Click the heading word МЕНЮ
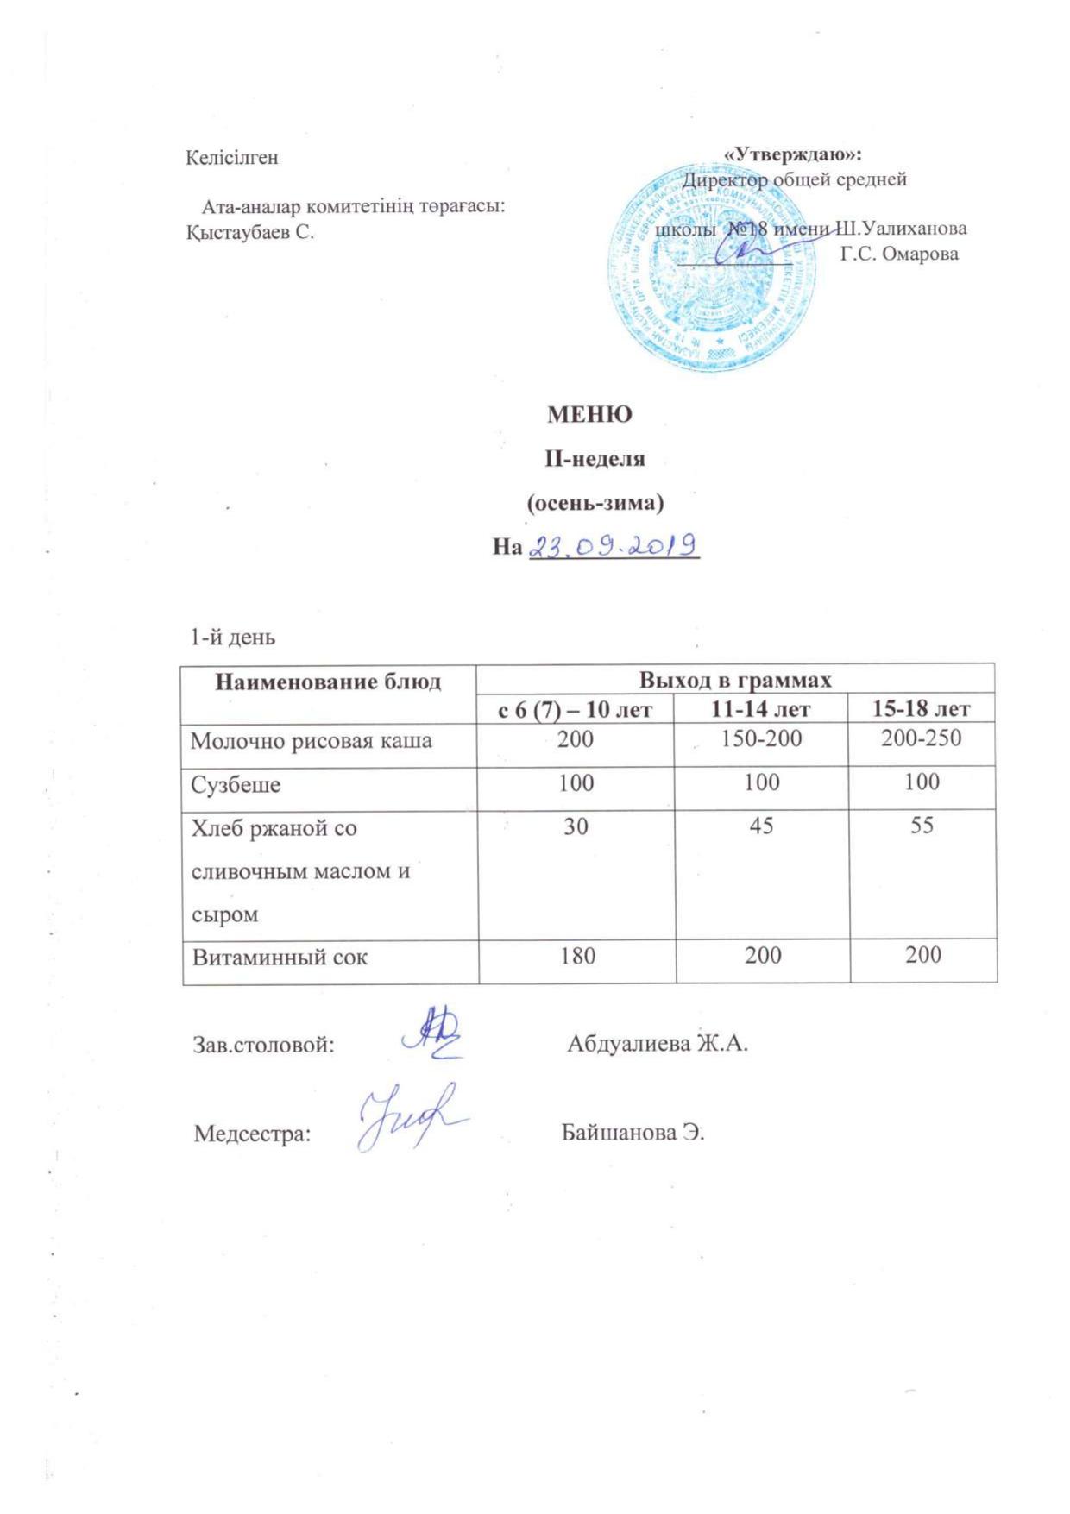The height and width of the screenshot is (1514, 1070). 590,415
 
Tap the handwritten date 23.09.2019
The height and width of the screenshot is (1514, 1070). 612,545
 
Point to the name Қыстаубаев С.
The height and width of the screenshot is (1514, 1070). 250,232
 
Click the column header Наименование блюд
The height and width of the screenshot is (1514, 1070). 328,682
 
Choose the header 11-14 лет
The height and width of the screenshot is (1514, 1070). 761,709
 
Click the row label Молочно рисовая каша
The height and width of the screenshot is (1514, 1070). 311,740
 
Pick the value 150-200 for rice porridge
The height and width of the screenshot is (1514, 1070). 762,738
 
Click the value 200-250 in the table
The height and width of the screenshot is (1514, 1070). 922,738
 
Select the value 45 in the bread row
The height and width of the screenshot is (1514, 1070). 762,826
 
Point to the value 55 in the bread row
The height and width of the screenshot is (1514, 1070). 922,826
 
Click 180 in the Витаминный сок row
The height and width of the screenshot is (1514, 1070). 576,955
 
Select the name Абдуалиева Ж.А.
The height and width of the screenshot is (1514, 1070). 657,1044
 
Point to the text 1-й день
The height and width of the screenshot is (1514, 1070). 233,638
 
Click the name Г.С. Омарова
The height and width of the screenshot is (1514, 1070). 899,254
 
